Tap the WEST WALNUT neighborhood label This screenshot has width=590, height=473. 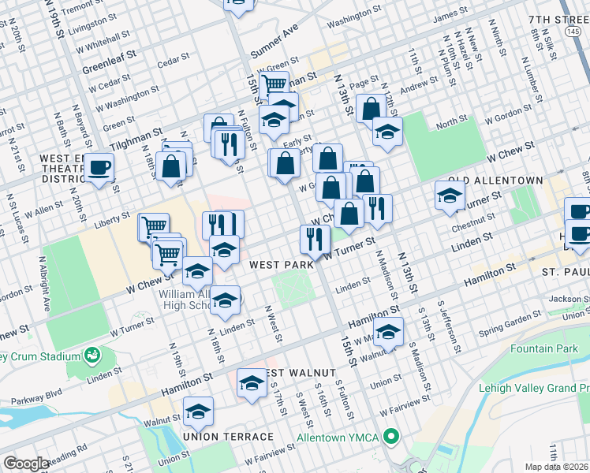click(300, 372)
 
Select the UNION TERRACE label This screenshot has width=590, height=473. click(228, 436)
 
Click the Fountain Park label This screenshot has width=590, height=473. click(543, 348)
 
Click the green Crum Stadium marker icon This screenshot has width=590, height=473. click(92, 356)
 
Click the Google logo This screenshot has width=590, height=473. click(26, 464)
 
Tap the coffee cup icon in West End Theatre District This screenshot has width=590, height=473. click(99, 167)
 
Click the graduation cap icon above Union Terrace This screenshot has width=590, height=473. click(198, 411)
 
